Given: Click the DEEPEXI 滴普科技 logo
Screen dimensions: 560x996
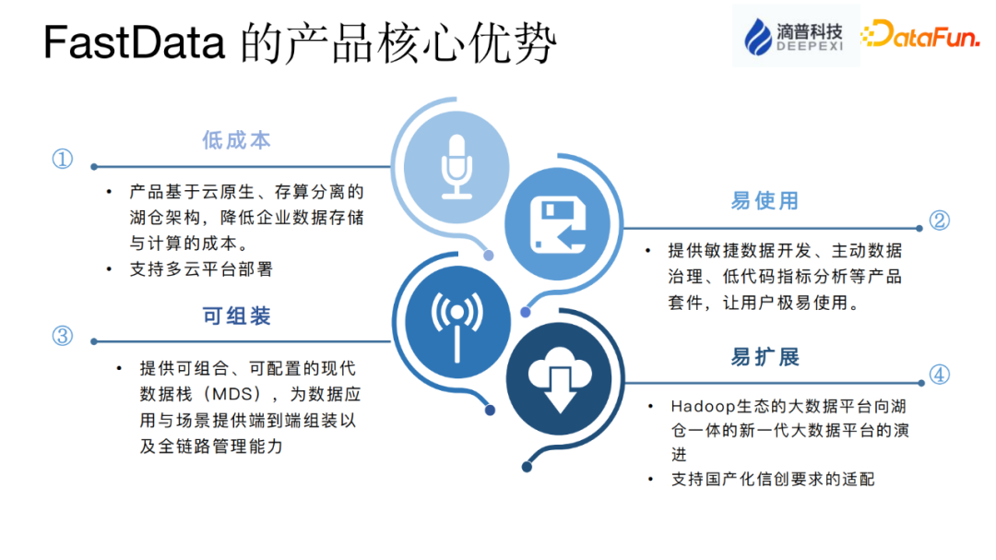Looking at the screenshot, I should pyautogui.click(x=795, y=35).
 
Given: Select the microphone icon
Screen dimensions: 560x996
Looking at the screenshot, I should pyautogui.click(x=456, y=166).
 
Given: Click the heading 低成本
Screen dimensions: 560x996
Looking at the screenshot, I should pyautogui.click(x=237, y=140).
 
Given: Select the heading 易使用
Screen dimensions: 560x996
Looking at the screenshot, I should pyautogui.click(x=765, y=201).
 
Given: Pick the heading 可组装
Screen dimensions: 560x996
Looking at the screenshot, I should pyautogui.click(x=237, y=316).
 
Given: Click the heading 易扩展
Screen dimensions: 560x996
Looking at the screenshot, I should pyautogui.click(x=765, y=357).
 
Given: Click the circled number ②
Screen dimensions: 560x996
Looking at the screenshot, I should pyautogui.click(x=939, y=220).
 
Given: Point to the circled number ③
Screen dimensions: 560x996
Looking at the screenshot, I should pyautogui.click(x=62, y=336).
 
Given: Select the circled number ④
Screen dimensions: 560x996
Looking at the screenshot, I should pyautogui.click(x=939, y=375).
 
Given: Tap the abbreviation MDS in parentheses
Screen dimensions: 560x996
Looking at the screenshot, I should pyautogui.click(x=226, y=394).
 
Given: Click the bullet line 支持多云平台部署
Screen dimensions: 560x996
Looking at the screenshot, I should pyautogui.click(x=202, y=269).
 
